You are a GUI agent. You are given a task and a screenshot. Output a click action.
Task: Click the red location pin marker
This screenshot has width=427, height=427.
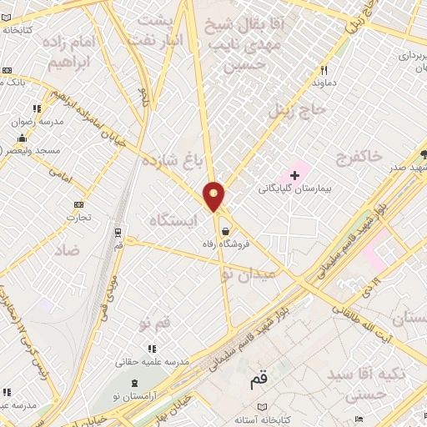(x=214, y=196)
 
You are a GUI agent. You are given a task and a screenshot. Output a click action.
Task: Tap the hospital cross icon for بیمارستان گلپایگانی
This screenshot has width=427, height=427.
(x=294, y=175)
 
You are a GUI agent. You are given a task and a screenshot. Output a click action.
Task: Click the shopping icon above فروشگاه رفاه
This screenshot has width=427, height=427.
(x=225, y=231)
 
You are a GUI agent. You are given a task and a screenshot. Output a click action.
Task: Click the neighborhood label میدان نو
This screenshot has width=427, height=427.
(x=247, y=273)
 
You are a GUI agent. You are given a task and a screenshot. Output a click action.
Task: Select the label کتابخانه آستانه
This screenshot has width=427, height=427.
(x=261, y=419)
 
